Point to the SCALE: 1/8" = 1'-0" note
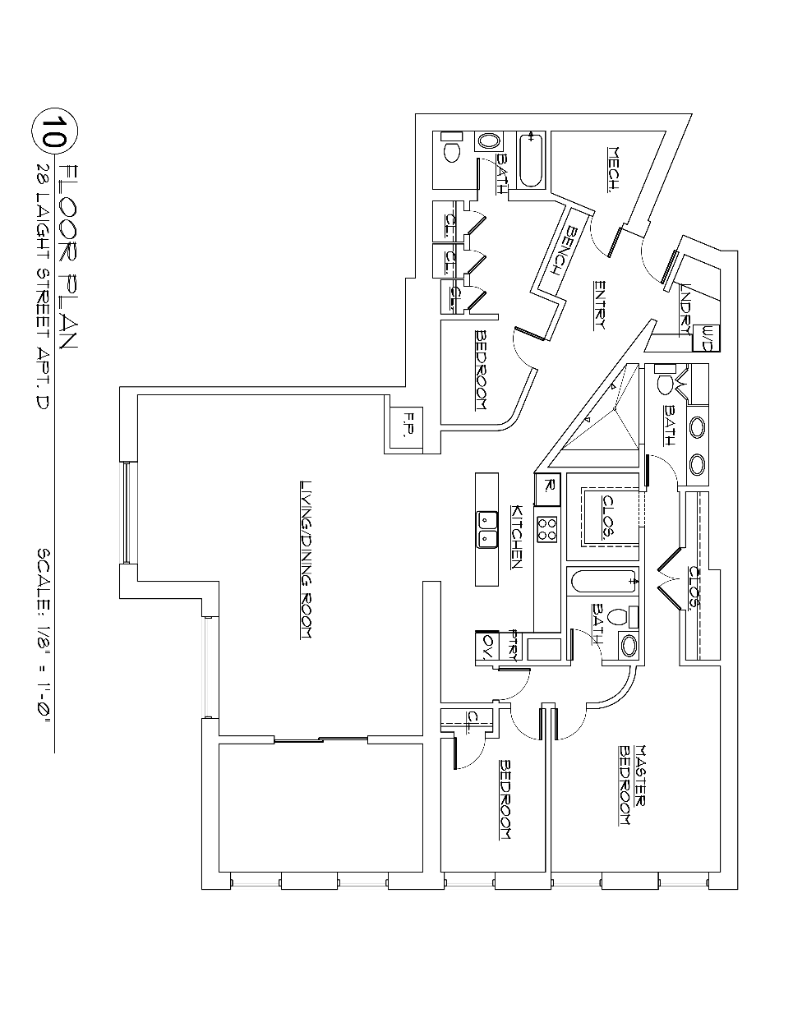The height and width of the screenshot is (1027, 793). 46,633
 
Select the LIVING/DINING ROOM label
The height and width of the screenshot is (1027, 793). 307,560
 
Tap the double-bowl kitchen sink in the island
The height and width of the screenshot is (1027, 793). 486,529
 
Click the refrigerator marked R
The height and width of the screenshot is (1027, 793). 549,489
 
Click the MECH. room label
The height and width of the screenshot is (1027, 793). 612,169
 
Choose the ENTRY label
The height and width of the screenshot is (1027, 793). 599,305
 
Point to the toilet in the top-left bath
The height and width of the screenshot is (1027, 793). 450,150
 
